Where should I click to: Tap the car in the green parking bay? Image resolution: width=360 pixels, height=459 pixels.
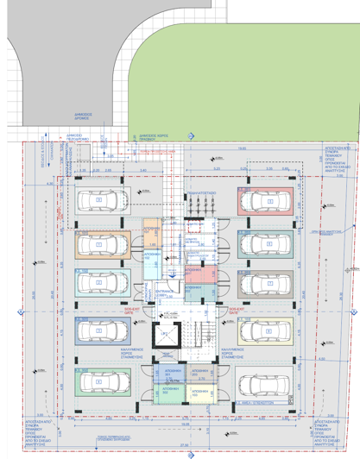click(99, 380)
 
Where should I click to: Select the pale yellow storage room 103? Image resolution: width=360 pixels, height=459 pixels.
click(199, 393)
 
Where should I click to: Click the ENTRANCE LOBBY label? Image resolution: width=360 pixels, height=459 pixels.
click(164, 293)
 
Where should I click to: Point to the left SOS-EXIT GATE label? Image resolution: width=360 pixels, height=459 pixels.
click(131, 309)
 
